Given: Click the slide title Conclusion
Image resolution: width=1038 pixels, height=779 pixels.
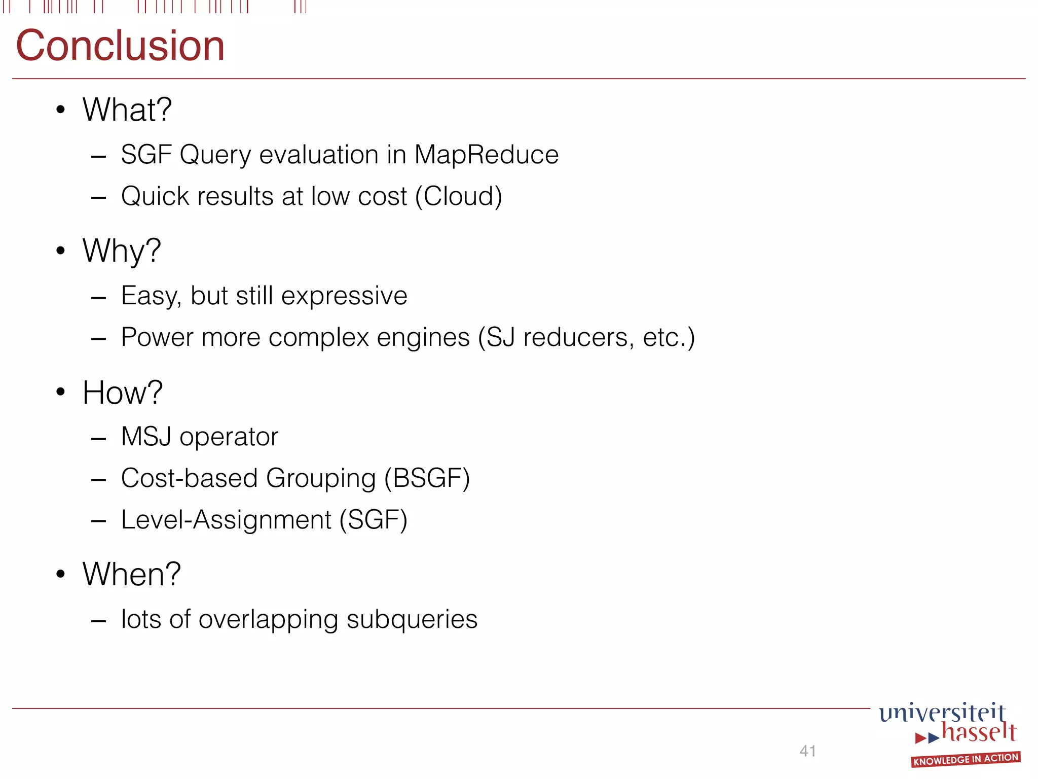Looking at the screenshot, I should [120, 46].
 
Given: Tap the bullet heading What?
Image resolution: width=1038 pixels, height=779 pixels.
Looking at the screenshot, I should [127, 110].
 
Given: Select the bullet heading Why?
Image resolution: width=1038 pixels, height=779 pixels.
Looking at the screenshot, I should [122, 251].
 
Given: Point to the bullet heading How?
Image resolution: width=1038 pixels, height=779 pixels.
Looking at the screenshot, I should [123, 393].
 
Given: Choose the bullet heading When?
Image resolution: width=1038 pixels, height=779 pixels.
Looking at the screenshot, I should [132, 574].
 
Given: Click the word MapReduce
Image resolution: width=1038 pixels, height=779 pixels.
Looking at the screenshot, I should [486, 155].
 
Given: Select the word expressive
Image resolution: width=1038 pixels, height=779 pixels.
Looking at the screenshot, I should [344, 296].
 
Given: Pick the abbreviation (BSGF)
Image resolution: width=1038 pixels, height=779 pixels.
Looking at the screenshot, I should [427, 478].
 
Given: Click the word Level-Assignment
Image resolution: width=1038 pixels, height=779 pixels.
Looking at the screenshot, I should [226, 520].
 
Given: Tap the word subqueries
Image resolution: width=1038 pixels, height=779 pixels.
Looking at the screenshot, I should [412, 619].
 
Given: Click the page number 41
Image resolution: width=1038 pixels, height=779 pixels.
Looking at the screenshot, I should [807, 751].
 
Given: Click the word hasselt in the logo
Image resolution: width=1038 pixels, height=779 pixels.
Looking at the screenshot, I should [979, 732].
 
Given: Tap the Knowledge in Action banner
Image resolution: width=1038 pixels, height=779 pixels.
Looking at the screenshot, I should [966, 759].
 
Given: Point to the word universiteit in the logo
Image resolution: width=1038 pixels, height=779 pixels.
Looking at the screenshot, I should [942, 712].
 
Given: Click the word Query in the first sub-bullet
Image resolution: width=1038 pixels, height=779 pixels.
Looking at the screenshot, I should [215, 155].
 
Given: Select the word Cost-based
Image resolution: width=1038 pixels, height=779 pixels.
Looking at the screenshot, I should [190, 478].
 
